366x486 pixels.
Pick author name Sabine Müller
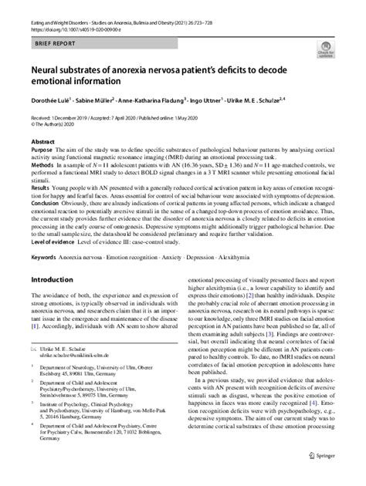pyautogui.click(x=96, y=100)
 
